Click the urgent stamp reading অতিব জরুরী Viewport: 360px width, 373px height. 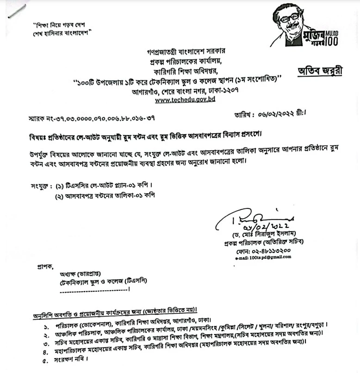(x=320, y=71)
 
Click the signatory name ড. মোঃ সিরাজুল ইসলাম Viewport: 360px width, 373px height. (x=264, y=234)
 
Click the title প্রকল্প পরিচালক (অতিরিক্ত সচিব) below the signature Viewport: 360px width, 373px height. (x=262, y=242)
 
